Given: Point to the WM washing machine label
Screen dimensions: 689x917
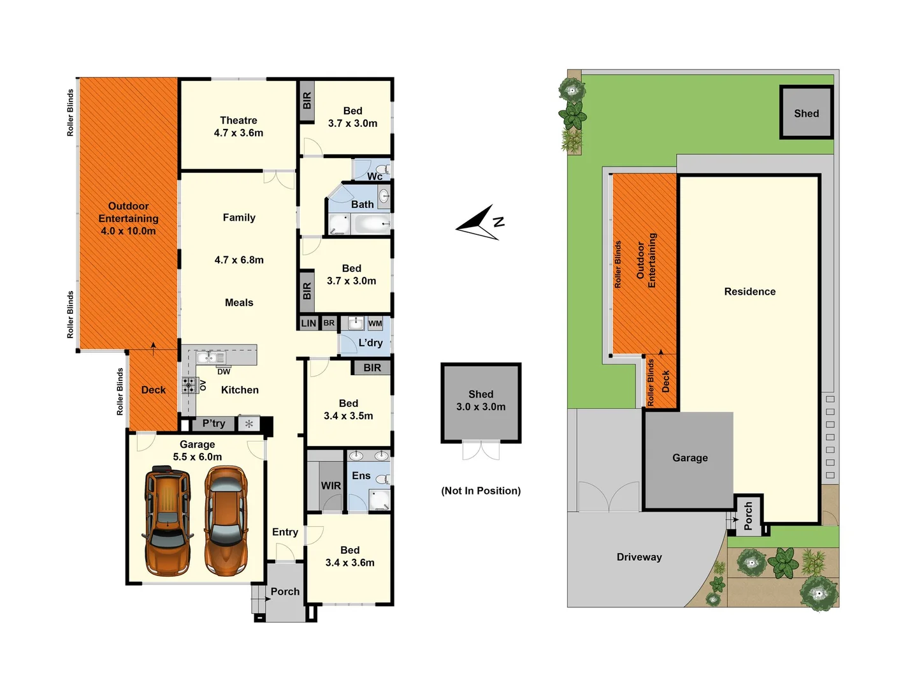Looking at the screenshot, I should pyautogui.click(x=375, y=323).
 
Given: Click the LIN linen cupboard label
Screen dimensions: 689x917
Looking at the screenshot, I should pyautogui.click(x=308, y=323).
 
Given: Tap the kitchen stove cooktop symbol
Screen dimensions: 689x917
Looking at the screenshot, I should pyautogui.click(x=189, y=385).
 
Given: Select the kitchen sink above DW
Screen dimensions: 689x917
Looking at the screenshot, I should pyautogui.click(x=210, y=357).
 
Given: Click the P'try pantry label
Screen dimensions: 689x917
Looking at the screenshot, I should pyautogui.click(x=214, y=424).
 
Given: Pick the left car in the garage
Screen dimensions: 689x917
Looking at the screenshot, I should pyautogui.click(x=168, y=520).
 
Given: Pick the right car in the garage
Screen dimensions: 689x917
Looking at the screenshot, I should pyautogui.click(x=226, y=520).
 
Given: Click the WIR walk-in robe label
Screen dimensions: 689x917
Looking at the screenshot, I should pyautogui.click(x=331, y=485).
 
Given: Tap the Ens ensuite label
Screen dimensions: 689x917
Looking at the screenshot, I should pyautogui.click(x=361, y=476).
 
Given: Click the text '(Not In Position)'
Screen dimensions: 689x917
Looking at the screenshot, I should pyautogui.click(x=481, y=491).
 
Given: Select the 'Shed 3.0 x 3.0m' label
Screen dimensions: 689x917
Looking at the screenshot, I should pyautogui.click(x=481, y=401).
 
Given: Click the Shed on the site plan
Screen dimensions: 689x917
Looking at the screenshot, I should pyautogui.click(x=806, y=113).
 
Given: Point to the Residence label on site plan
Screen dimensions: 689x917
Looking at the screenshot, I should pyautogui.click(x=750, y=292).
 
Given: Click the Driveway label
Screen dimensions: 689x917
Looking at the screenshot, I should pyautogui.click(x=639, y=557).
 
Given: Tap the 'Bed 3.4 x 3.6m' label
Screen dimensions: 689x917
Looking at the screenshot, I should pyautogui.click(x=350, y=556).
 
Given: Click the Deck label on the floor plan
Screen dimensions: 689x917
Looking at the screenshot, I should pyautogui.click(x=154, y=390).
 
